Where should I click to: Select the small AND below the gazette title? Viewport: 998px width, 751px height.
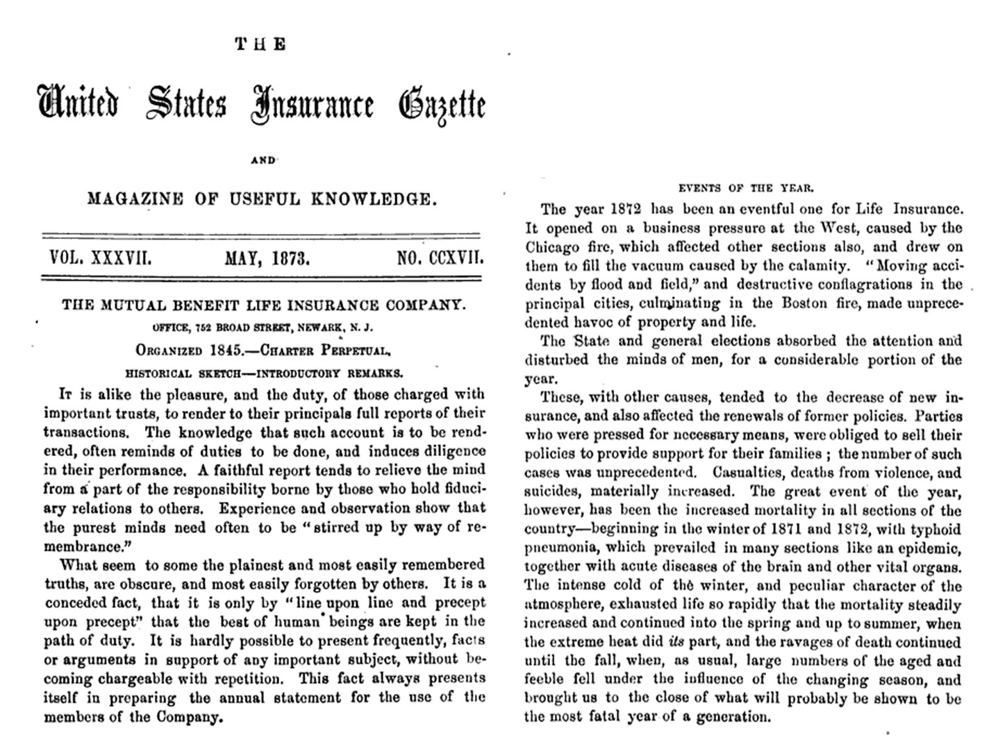tap(263, 160)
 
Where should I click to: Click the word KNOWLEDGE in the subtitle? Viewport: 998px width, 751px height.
tap(375, 200)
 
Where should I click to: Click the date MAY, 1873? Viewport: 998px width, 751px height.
tap(267, 259)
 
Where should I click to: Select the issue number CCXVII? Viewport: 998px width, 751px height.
tap(456, 259)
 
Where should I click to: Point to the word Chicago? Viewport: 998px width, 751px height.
tap(552, 246)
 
